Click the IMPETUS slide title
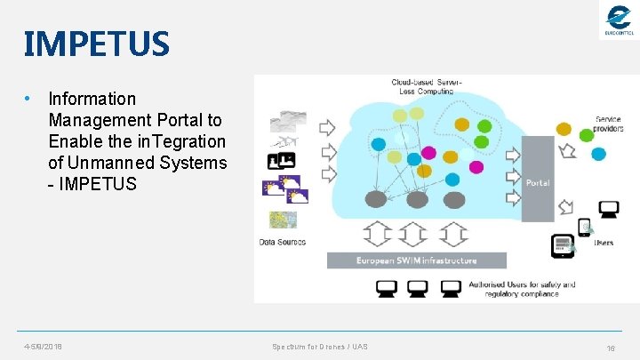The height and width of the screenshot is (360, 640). tap(94, 43)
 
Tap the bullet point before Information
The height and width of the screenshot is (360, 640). tap(29, 99)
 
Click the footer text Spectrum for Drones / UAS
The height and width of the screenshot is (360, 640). tap(319, 346)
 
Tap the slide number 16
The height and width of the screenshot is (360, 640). tap(611, 347)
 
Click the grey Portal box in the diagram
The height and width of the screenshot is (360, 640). tap(537, 182)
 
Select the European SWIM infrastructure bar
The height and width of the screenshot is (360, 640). tap(416, 260)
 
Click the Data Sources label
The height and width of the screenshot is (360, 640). tap(283, 242)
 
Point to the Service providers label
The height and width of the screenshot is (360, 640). tap(609, 124)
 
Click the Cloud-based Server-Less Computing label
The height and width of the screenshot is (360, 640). tap(427, 87)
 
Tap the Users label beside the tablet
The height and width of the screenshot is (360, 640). tap(604, 242)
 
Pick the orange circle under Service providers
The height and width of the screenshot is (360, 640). tap(564, 129)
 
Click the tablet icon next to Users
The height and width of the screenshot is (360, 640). tap(562, 244)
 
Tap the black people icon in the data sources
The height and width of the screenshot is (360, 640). tap(281, 160)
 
